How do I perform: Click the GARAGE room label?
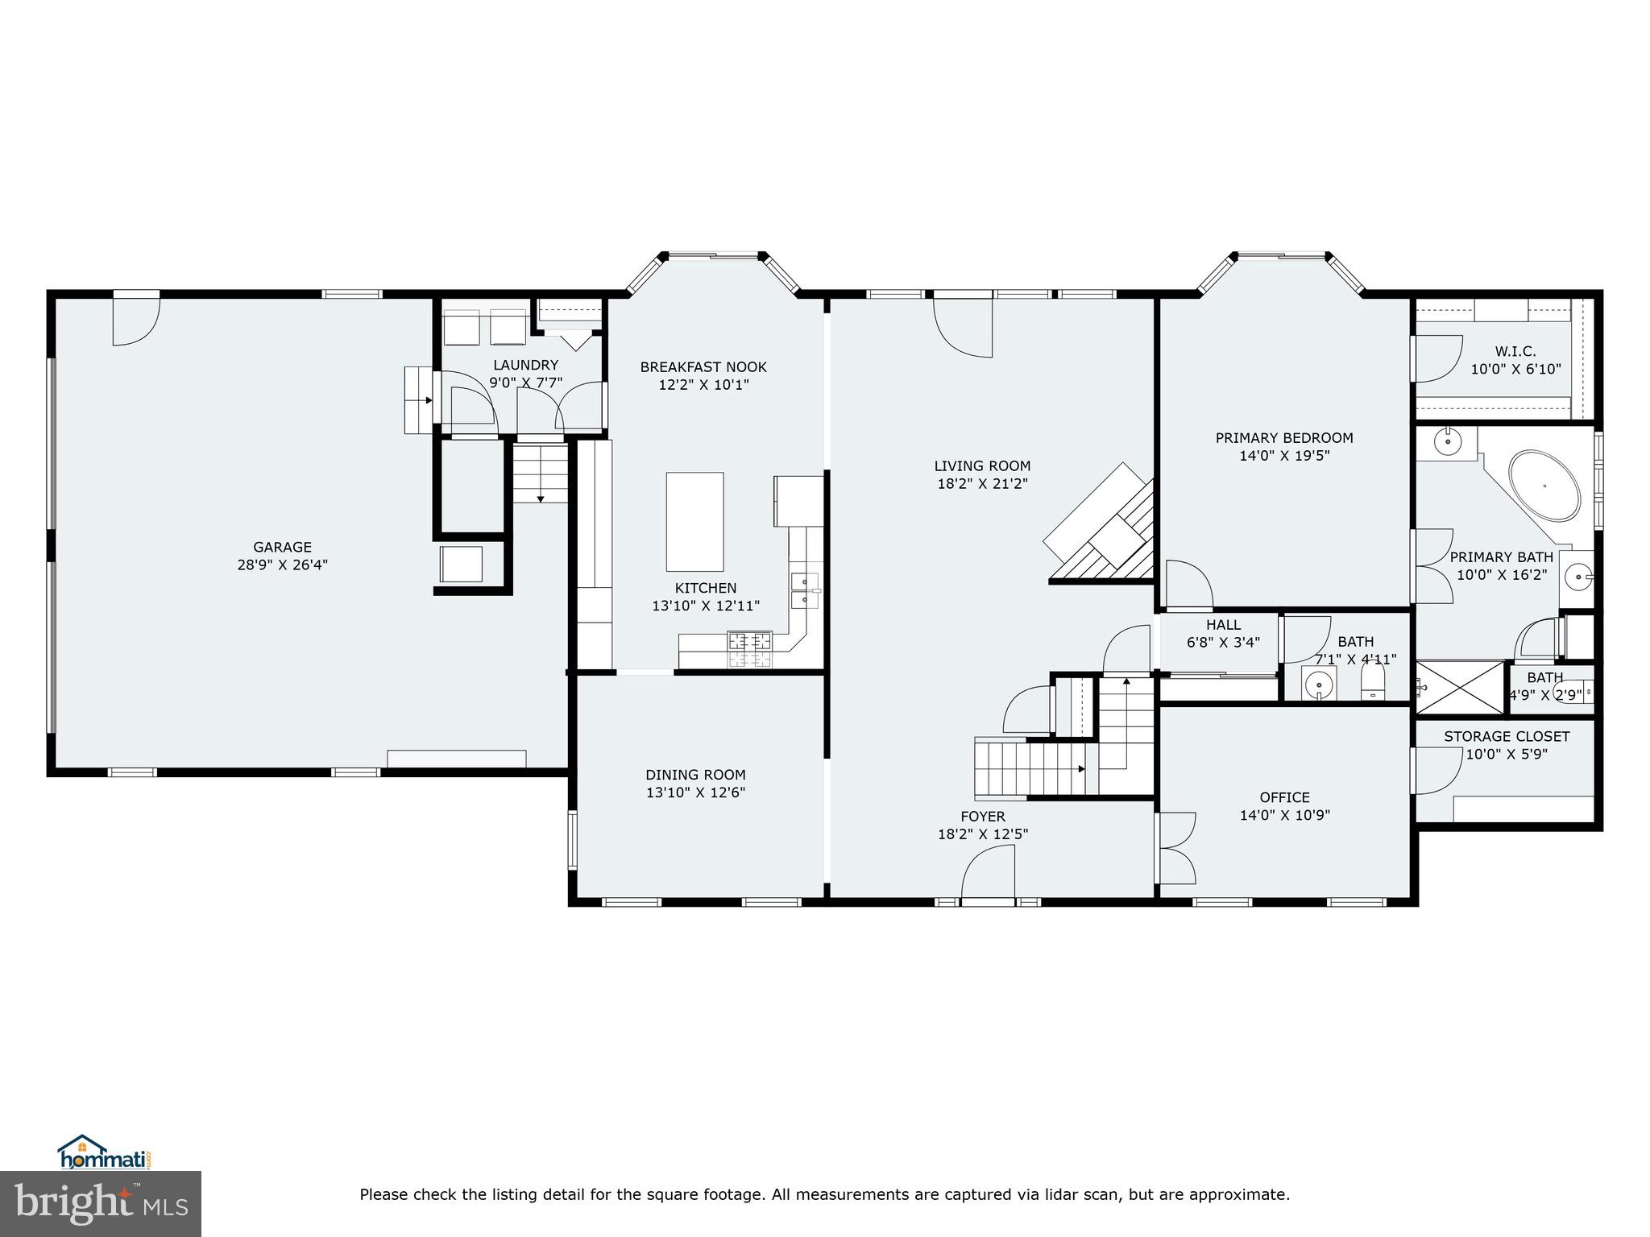coord(282,548)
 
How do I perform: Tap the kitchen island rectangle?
coord(694,522)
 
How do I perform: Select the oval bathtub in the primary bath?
coord(1544,487)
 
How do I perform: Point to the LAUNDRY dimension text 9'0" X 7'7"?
coord(525,383)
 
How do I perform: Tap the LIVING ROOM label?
coord(982,465)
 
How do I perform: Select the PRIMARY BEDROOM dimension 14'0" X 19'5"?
coord(1284,456)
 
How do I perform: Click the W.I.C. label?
coord(1515,351)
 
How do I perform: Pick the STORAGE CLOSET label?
coord(1507,736)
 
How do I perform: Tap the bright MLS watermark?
coord(101,1204)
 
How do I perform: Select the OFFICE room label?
coord(1284,797)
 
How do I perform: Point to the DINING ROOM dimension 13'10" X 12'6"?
coord(695,792)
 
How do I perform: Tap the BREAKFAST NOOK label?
coord(703,367)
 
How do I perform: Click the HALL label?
coord(1223,625)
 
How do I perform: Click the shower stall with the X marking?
coord(1460,687)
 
